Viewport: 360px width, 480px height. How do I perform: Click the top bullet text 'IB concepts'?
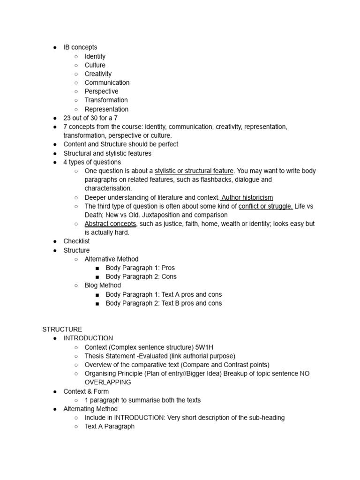[80, 47]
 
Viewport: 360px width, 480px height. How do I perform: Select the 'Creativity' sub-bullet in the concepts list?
[98, 74]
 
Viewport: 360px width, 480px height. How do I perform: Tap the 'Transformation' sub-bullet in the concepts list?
[106, 100]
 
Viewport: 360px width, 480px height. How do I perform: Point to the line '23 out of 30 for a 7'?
[90, 118]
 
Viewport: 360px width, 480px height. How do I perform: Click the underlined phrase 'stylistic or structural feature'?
[194, 171]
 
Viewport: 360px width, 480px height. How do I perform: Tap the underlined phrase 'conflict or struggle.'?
[265, 206]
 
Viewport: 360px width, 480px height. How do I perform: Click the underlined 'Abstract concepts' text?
[110, 224]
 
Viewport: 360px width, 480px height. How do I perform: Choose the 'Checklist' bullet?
[76, 241]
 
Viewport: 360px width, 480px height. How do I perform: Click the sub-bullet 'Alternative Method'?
[112, 259]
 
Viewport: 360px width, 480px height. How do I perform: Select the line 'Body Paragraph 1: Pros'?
[140, 268]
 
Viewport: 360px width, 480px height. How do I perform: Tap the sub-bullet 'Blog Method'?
[103, 285]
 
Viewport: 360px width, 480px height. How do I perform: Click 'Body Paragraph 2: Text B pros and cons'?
[164, 303]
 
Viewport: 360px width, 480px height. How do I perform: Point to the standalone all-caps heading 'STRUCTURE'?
[62, 330]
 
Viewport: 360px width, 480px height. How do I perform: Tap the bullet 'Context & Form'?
[86, 391]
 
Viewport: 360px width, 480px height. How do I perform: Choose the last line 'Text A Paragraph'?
[109, 427]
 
